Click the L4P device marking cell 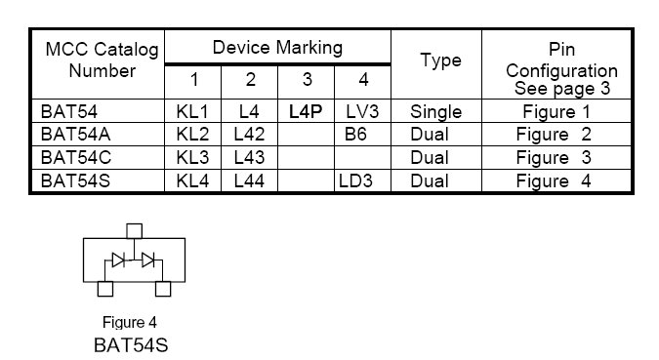tap(306, 112)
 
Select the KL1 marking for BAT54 tap(192, 112)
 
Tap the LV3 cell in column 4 tap(362, 112)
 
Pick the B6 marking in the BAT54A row tap(355, 135)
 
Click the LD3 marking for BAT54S tap(355, 181)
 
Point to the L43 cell tap(249, 158)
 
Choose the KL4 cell tap(192, 181)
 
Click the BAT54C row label tap(76, 158)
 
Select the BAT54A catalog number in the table tap(75, 135)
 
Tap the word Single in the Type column tap(435, 112)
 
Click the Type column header tap(441, 60)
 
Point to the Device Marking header tap(277, 48)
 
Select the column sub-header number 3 tap(308, 79)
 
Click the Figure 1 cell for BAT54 tap(556, 112)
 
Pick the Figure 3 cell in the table tap(554, 158)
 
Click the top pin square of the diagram tap(135, 231)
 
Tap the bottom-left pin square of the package tap(105, 289)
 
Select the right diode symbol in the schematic tap(148, 260)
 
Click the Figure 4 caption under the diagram tap(130, 323)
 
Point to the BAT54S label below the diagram tap(131, 345)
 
